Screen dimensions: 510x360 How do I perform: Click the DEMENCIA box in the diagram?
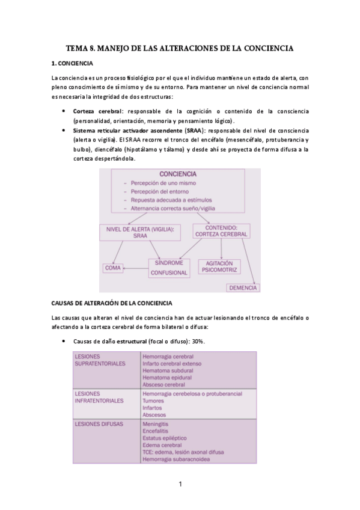(x=243, y=287)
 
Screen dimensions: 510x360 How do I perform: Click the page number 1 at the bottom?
(x=180, y=484)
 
